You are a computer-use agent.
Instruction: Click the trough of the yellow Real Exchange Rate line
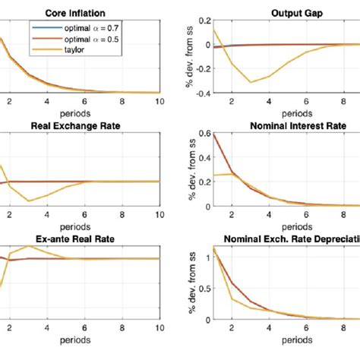pos(28,201)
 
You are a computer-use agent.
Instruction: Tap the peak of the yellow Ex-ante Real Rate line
pos(28,246)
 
